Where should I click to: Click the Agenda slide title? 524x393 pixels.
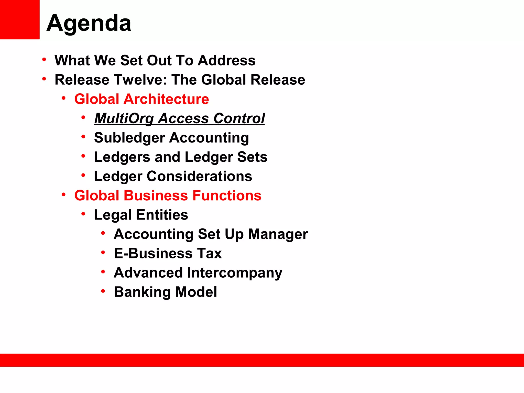pos(89,23)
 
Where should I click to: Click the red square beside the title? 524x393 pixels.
pos(20,19)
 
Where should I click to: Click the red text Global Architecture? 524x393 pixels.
pos(141,99)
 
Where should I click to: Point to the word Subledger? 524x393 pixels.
pos(129,138)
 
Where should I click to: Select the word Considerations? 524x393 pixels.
pos(199,176)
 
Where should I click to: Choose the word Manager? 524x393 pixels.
pos(278,234)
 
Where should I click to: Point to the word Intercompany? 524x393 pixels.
pos(235,273)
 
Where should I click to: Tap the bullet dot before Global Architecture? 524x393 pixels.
pos(63,98)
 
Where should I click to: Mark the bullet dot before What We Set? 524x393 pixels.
pos(44,60)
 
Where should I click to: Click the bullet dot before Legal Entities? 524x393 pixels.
pos(83,214)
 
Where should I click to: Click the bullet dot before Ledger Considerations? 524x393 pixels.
pos(83,175)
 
